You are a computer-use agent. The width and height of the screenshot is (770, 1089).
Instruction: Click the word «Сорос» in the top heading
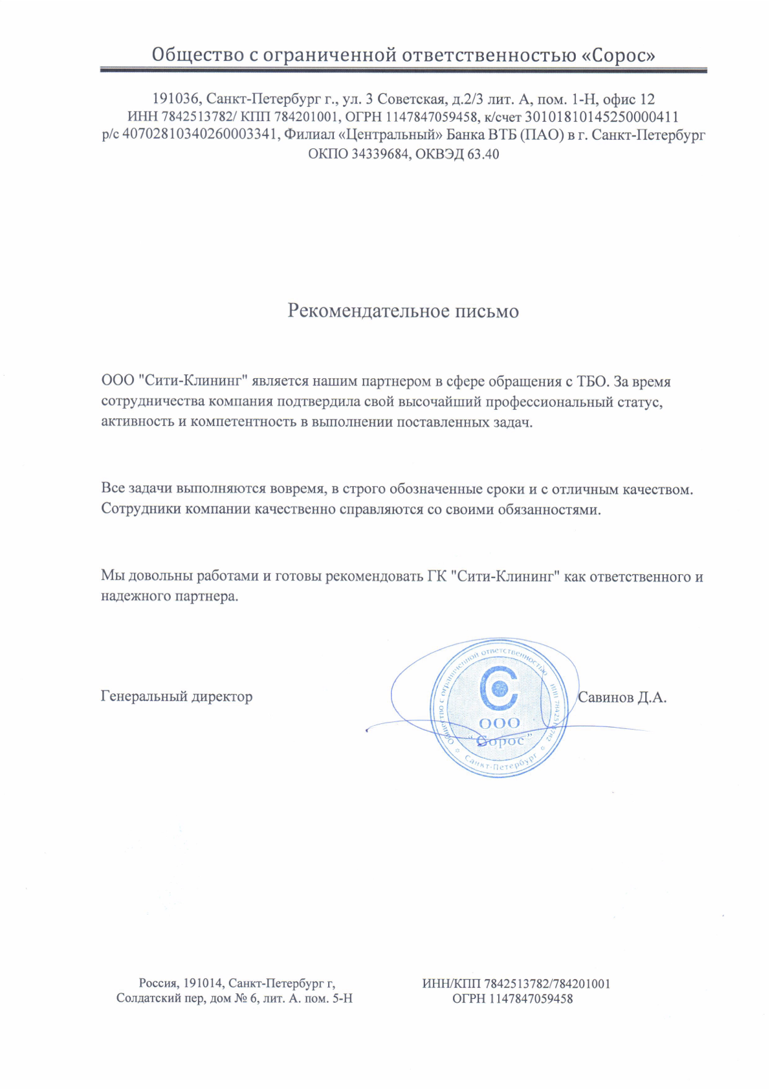(x=619, y=56)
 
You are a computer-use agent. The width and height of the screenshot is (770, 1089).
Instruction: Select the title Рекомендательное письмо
(x=403, y=311)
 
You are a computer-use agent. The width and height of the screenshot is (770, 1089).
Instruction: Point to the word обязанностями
(x=549, y=510)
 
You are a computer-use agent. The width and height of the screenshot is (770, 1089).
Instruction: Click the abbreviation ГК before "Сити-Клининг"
(x=437, y=576)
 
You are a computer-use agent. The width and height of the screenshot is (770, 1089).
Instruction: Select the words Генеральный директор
(x=177, y=697)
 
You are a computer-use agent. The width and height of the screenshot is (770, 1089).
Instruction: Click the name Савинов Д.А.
(x=622, y=697)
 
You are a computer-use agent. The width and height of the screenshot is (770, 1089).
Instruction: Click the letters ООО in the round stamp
(x=499, y=723)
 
